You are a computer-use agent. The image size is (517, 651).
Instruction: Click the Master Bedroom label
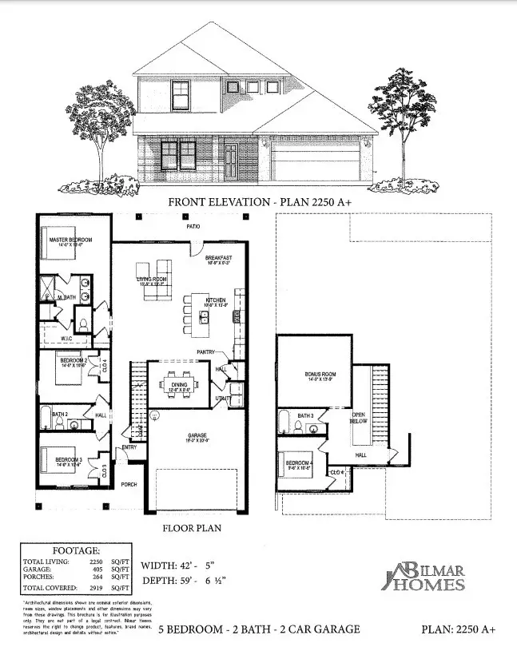click(x=70, y=240)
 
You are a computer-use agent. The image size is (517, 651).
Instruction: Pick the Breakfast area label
click(x=218, y=258)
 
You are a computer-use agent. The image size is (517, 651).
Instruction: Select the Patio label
click(x=193, y=227)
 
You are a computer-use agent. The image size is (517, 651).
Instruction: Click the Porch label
click(x=129, y=484)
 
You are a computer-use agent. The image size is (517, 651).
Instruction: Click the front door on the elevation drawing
click(x=230, y=160)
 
